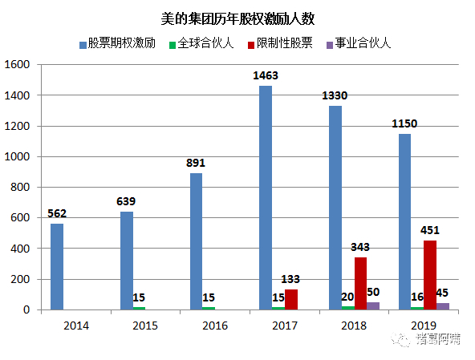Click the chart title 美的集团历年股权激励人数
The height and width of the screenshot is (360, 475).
(x=237, y=17)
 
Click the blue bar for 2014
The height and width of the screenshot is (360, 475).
(x=57, y=266)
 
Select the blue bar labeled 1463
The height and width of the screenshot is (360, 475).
(x=266, y=197)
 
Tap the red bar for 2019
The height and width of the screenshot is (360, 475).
(x=429, y=275)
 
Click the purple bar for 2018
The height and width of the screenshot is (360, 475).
(x=374, y=305)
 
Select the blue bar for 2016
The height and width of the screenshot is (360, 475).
(x=196, y=241)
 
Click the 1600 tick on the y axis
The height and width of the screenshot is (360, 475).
(x=18, y=65)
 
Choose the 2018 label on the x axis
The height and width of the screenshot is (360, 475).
(x=354, y=326)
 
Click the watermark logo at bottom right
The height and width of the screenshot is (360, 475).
(x=425, y=340)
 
